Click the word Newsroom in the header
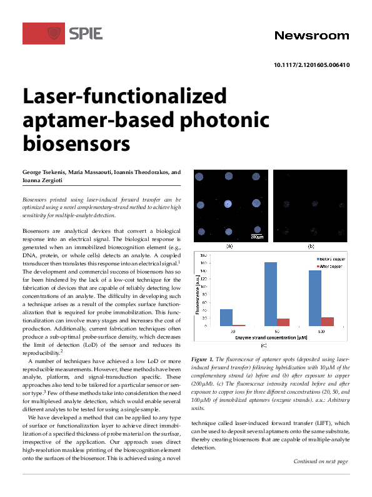(311, 36)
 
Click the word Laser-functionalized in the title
(124, 96)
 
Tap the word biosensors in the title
(76, 143)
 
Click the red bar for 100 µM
(327, 321)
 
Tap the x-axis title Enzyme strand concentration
(271, 337)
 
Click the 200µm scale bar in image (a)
(256, 235)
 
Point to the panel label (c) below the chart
(263, 346)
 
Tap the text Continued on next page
(321, 462)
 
